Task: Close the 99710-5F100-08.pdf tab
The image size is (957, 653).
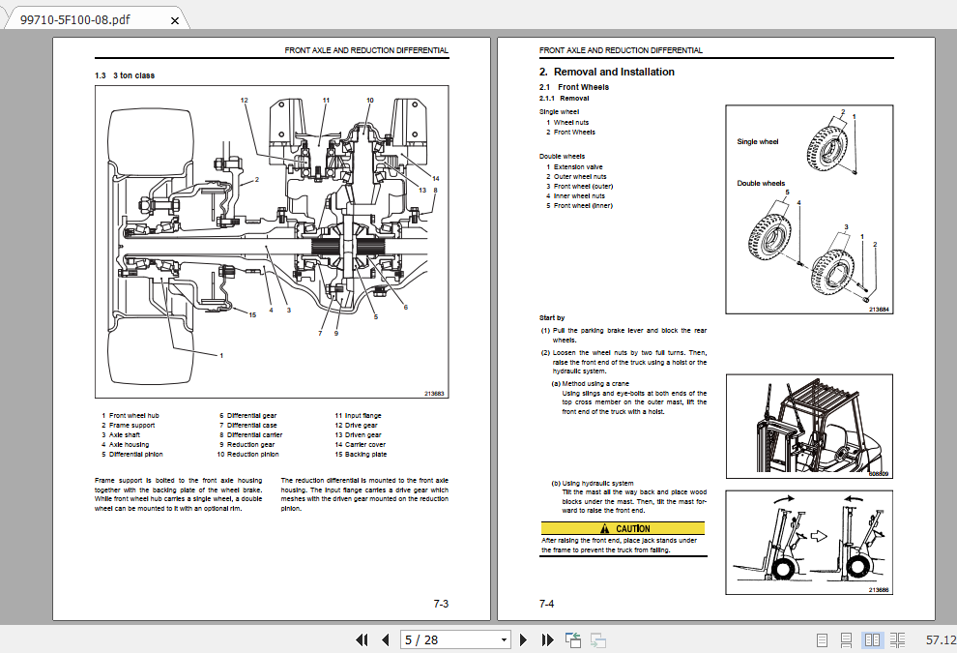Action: (x=174, y=19)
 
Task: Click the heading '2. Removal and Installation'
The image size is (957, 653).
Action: (x=606, y=72)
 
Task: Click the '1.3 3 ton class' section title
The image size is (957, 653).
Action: (x=125, y=75)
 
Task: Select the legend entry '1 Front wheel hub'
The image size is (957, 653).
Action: (x=130, y=416)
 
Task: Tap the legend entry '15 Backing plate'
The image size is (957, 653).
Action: (x=361, y=455)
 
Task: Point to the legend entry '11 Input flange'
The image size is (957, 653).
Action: (x=359, y=416)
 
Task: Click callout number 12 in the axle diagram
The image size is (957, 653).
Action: (x=245, y=101)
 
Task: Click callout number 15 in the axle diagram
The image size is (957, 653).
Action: (x=252, y=315)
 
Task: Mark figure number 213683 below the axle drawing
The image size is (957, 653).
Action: (x=434, y=393)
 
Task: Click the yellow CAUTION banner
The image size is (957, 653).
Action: (x=623, y=528)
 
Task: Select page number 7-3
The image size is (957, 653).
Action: (x=441, y=604)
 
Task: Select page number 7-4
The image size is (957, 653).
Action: (x=547, y=604)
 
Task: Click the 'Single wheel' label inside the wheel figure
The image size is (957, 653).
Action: (x=757, y=142)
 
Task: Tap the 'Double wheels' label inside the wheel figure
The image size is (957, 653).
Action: (x=761, y=183)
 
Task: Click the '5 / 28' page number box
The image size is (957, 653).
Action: (x=455, y=639)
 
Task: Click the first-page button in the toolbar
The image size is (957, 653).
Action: (x=362, y=639)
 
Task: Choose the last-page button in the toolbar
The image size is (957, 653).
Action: (x=546, y=639)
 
